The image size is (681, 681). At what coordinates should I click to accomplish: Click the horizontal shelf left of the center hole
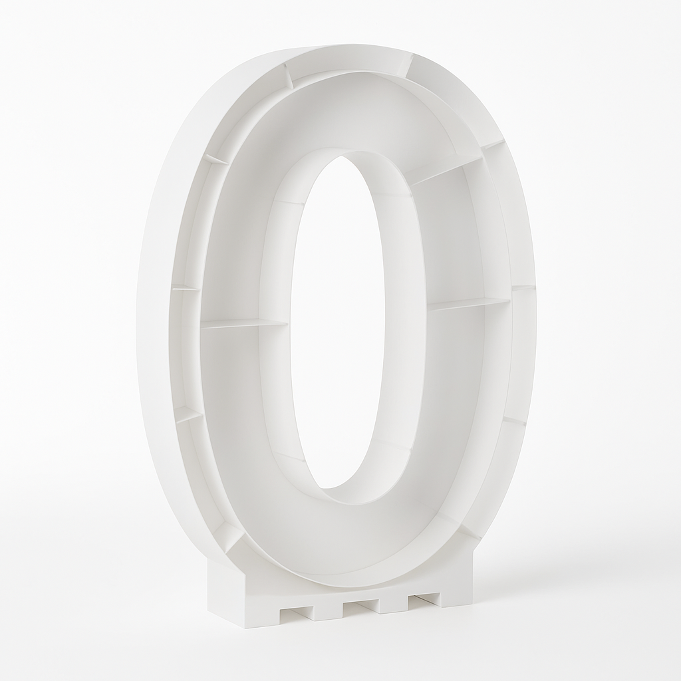244,324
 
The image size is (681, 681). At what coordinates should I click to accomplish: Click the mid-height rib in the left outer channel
186,288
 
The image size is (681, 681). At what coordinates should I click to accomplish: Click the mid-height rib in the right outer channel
523,287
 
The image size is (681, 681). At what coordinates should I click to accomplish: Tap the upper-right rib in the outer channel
492,144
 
